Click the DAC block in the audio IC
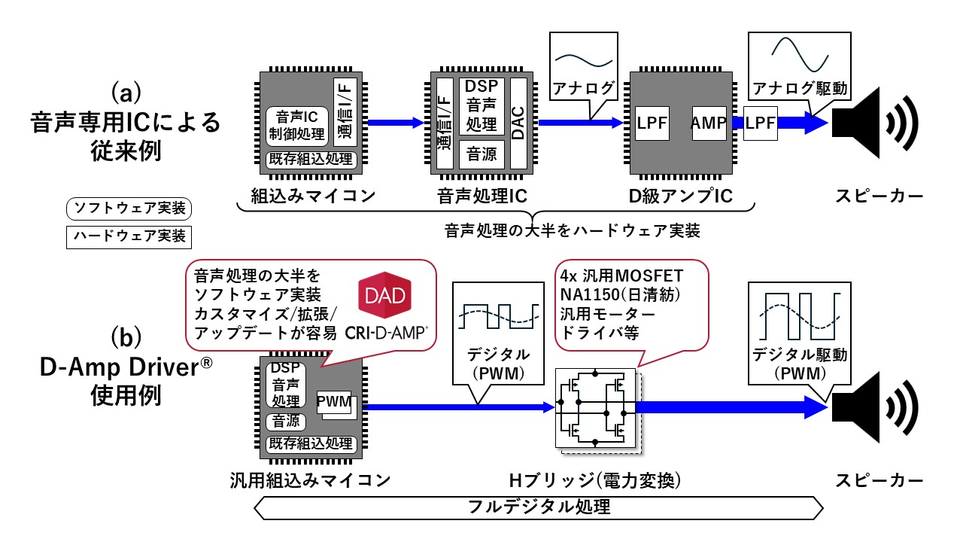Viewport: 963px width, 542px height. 518,123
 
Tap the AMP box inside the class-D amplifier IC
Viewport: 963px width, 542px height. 709,122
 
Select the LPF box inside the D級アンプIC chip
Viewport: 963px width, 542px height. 652,122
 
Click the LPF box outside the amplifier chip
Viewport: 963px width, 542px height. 761,123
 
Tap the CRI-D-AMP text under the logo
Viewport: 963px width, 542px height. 387,330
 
